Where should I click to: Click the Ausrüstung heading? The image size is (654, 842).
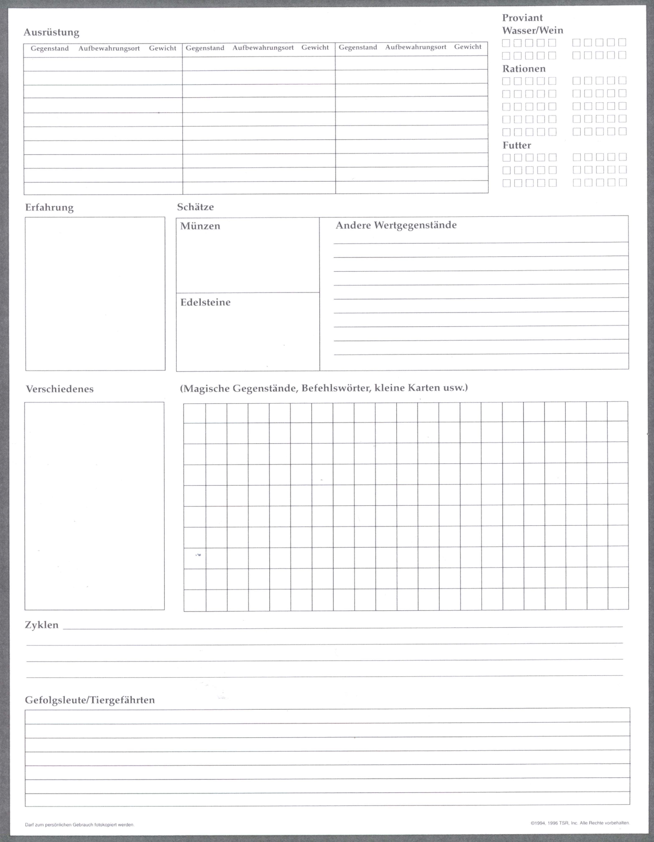pos(51,32)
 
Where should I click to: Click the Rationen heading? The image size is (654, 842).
pos(524,69)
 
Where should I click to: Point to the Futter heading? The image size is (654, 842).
pos(517,145)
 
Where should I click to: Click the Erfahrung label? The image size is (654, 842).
pos(49,207)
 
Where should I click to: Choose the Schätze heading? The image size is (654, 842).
pos(195,207)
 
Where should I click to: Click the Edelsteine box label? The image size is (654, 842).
pos(205,302)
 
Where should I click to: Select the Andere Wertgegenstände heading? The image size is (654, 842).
pos(396,225)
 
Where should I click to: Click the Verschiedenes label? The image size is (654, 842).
pos(60,389)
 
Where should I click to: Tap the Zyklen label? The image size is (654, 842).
pos(42,625)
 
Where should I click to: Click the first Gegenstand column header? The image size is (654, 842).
pos(50,49)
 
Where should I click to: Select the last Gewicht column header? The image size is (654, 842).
pos(468,47)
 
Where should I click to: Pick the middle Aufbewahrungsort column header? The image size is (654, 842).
pos(263,48)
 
